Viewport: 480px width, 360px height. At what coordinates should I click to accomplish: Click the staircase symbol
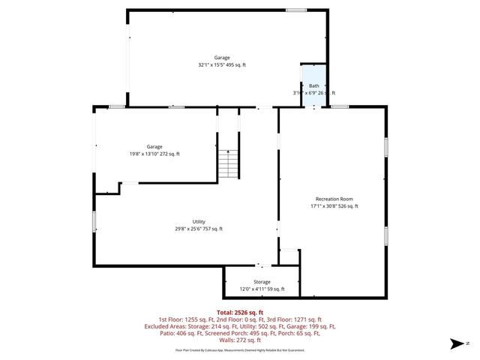click(x=229, y=163)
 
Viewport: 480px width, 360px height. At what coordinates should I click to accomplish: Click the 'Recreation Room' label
click(x=334, y=197)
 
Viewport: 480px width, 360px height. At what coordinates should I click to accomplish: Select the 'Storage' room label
click(x=262, y=281)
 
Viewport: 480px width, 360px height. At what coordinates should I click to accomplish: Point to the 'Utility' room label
click(x=199, y=221)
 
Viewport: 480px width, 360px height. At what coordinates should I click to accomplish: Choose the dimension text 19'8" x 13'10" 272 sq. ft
click(x=154, y=154)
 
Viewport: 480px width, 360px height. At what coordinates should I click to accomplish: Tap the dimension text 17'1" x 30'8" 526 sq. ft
click(x=334, y=205)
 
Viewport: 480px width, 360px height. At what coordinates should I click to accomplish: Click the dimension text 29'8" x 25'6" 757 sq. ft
click(x=199, y=229)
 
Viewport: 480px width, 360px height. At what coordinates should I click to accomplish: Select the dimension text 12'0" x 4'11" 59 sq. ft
click(x=262, y=289)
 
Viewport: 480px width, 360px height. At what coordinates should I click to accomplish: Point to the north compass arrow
click(x=454, y=344)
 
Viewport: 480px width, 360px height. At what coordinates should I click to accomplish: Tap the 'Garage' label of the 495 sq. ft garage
click(x=221, y=58)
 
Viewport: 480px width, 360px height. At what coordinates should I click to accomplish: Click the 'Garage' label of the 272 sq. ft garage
click(x=154, y=146)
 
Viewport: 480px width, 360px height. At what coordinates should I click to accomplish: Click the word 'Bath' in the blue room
click(x=313, y=85)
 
